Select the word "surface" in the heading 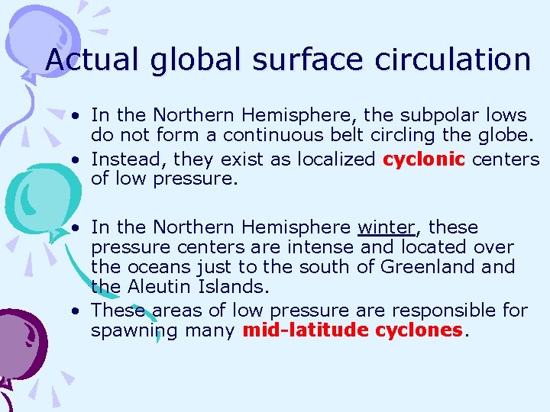click(294, 59)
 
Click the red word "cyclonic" click(424, 159)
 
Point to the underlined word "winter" click(387, 227)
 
